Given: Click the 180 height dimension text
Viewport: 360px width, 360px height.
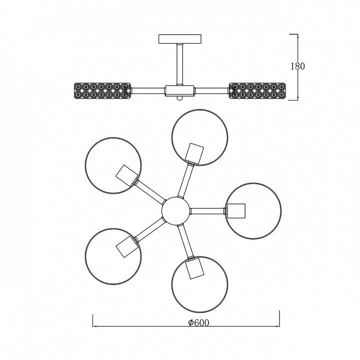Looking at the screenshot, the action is [x=298, y=66].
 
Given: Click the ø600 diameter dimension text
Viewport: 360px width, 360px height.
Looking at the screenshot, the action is [x=198, y=322].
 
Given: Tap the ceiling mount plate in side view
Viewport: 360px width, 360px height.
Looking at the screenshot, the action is [x=180, y=39].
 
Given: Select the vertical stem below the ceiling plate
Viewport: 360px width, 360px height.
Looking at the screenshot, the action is [x=180, y=64].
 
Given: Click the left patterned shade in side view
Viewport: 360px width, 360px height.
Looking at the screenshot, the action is [x=102, y=91].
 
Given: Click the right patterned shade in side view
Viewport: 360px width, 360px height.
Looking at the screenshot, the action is [x=257, y=91].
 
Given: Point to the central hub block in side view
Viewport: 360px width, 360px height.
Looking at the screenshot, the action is [x=180, y=90].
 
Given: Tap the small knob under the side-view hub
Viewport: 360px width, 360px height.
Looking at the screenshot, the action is [x=180, y=98].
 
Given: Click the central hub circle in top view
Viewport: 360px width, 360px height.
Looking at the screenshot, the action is [x=175, y=211].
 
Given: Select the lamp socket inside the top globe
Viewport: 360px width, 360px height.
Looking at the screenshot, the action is [x=194, y=153].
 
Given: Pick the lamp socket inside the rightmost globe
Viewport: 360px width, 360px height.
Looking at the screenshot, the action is [x=236, y=211].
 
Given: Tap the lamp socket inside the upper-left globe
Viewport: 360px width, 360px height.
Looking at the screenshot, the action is [x=127, y=175].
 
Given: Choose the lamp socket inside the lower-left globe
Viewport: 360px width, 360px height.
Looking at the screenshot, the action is [x=127, y=246].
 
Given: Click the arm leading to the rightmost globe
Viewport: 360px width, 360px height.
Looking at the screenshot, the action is [x=207, y=211].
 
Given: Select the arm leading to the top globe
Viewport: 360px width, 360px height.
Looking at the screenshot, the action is [x=186, y=180].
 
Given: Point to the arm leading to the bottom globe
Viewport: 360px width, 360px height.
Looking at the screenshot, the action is [x=186, y=241].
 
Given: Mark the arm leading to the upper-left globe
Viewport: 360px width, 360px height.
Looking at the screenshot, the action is [x=150, y=191].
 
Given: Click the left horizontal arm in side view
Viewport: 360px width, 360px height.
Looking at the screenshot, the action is [x=148, y=90].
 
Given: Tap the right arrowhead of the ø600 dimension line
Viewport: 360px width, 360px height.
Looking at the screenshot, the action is [x=277, y=326].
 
